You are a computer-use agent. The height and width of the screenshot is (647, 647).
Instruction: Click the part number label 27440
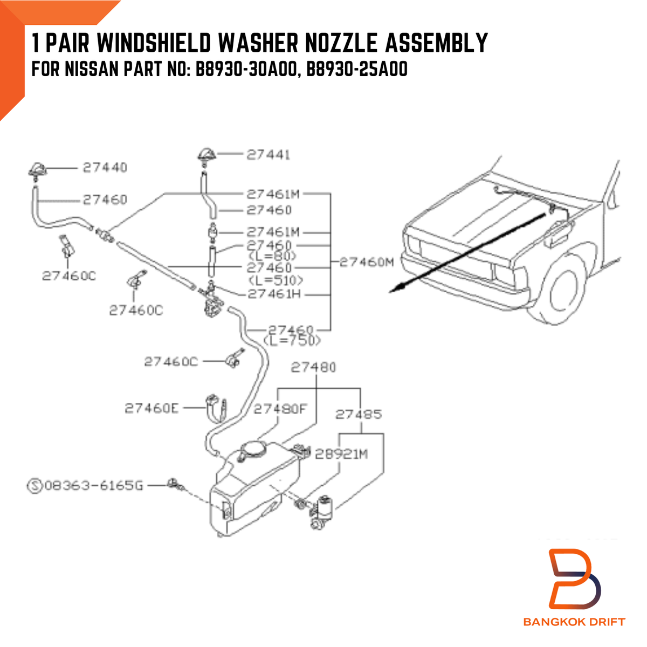click(x=105, y=168)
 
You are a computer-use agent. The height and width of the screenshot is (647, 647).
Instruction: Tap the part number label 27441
click(x=269, y=155)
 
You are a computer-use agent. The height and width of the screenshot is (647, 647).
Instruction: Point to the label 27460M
click(x=367, y=263)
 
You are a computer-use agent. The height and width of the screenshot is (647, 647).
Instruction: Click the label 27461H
click(x=274, y=294)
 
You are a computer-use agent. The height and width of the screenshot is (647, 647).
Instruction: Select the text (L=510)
click(x=276, y=280)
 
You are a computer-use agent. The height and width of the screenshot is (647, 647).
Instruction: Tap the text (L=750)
click(x=292, y=341)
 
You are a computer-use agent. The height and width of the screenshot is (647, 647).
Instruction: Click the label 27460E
click(x=152, y=408)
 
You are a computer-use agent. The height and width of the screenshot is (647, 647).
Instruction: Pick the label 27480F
click(x=280, y=409)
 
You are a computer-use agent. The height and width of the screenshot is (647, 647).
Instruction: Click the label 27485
click(x=359, y=415)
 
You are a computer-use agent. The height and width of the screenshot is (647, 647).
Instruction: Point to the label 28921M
click(x=341, y=455)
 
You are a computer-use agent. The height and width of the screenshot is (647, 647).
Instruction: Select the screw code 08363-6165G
click(x=94, y=486)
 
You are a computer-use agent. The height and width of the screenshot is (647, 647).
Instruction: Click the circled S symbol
click(x=35, y=486)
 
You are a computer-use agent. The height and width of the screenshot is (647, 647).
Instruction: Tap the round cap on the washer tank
click(x=253, y=449)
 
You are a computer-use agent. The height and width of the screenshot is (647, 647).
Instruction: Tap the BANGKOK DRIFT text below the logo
click(x=574, y=622)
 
